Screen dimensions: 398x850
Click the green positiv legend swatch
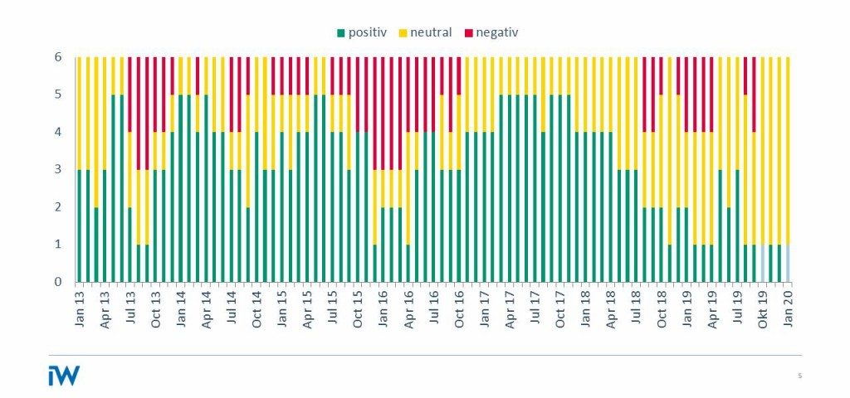point(341,33)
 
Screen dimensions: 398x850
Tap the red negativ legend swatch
point(468,33)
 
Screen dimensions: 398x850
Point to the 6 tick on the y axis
point(58,57)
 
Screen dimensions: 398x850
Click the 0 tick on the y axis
point(58,282)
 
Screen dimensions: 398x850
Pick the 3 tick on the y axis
point(58,169)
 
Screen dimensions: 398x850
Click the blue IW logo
point(64,375)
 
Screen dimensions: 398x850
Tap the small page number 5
point(799,376)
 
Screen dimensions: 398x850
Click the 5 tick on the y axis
point(58,95)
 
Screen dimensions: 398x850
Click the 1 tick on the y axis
point(58,245)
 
